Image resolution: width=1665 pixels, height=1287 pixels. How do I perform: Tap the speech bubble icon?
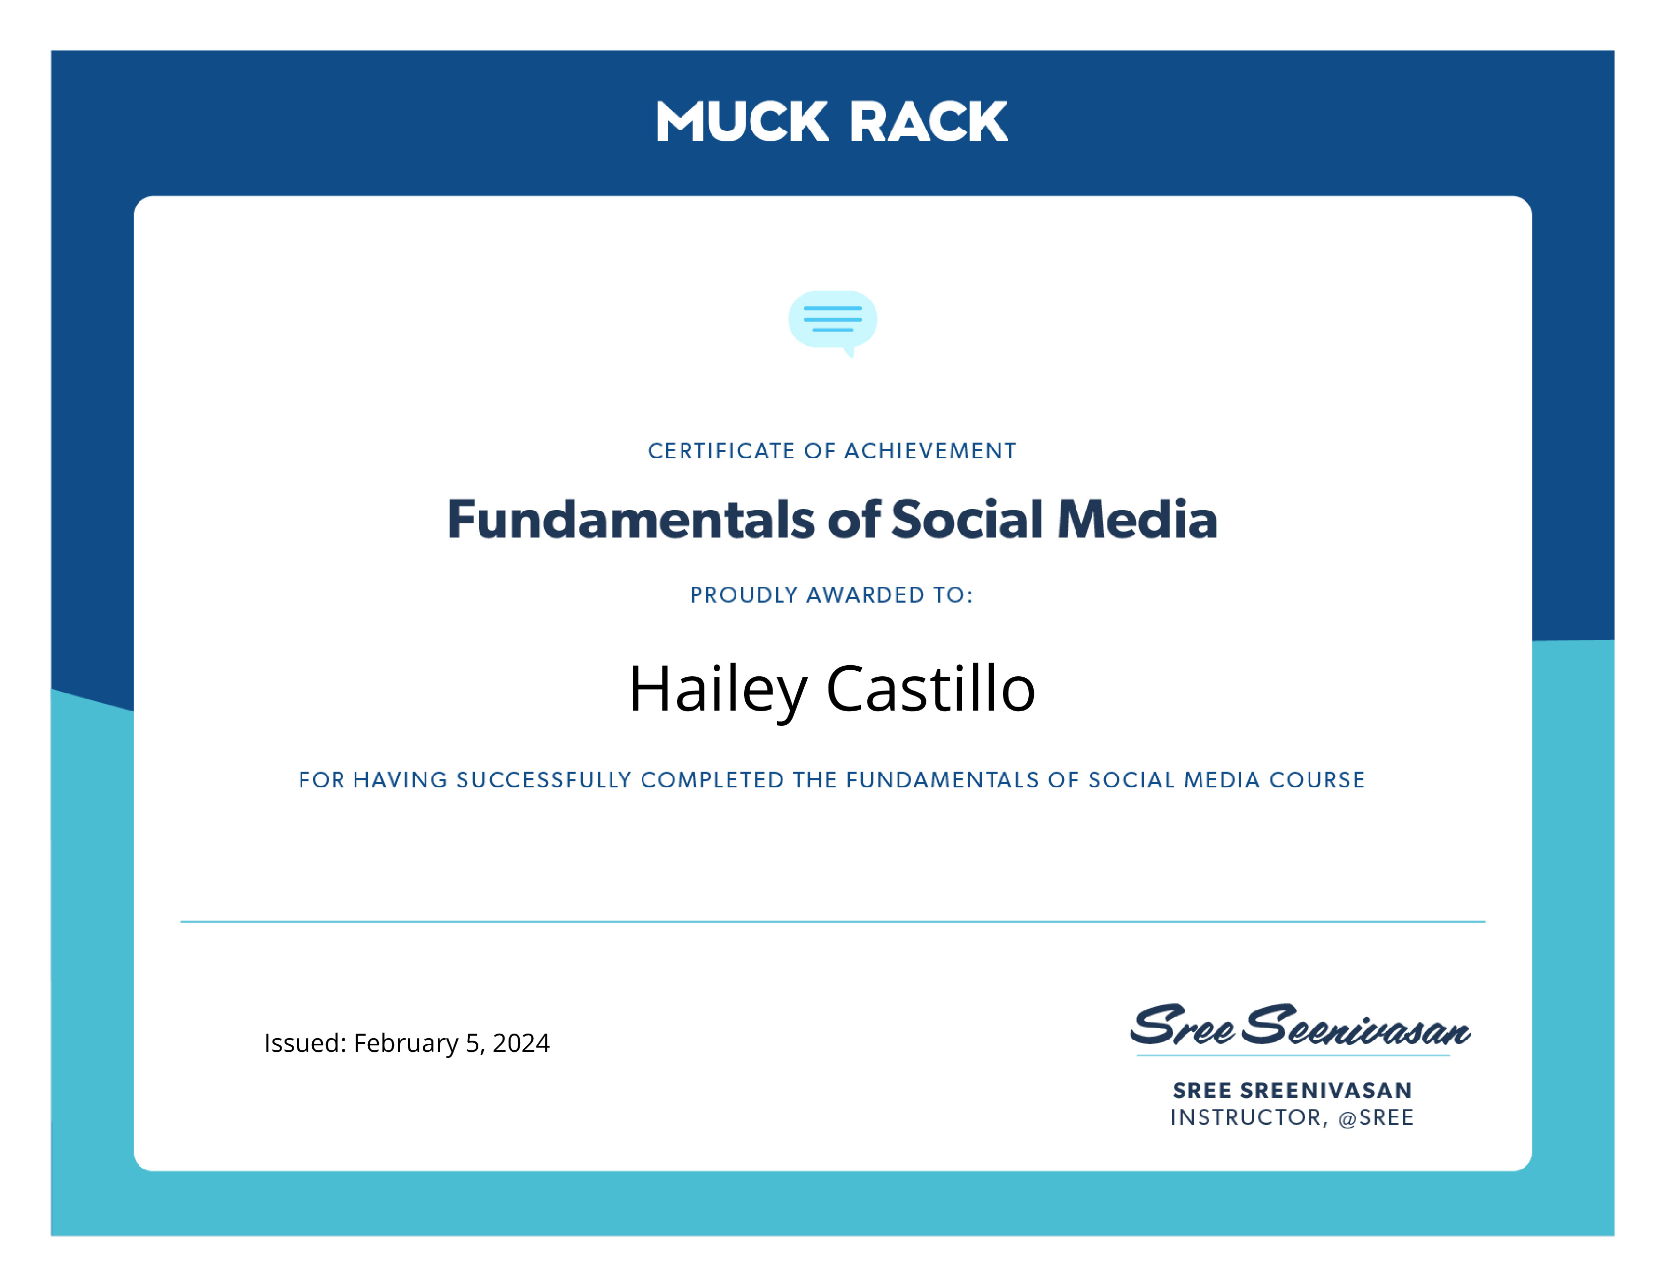832,323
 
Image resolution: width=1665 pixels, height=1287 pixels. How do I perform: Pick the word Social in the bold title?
967,519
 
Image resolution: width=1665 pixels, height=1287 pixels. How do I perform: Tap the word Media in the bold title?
1137,519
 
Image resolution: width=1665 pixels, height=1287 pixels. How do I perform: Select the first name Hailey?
717,690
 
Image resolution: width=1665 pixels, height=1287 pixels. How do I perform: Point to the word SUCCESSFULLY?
544,780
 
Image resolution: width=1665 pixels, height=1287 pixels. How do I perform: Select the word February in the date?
406,1044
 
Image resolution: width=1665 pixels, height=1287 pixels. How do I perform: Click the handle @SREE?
1376,1118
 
